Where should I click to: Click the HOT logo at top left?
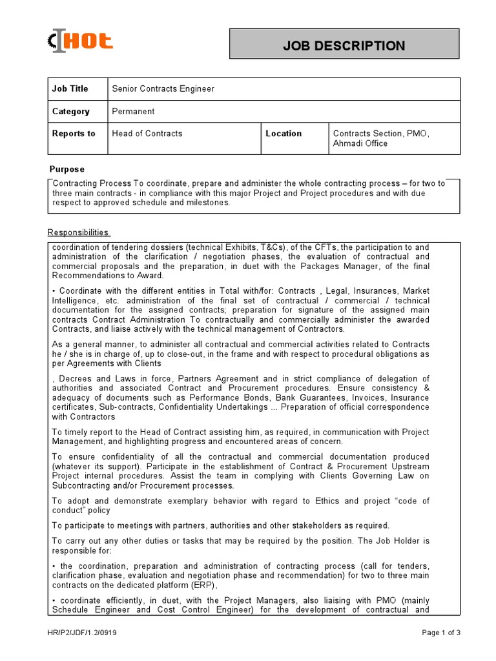(x=81, y=42)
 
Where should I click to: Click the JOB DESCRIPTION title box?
(x=344, y=46)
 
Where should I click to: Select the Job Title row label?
(x=70, y=88)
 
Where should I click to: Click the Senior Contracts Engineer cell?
(x=163, y=88)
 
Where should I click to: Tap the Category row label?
(x=70, y=111)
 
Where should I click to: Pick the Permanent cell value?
(x=133, y=111)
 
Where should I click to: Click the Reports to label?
(x=73, y=134)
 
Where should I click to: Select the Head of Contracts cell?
(x=147, y=134)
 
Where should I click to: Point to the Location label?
(x=284, y=134)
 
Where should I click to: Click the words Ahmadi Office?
(x=360, y=143)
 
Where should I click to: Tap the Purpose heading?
(x=67, y=169)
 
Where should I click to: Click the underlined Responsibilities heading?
(x=79, y=232)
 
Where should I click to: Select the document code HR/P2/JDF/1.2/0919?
(x=84, y=633)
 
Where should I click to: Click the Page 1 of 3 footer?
(x=441, y=633)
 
